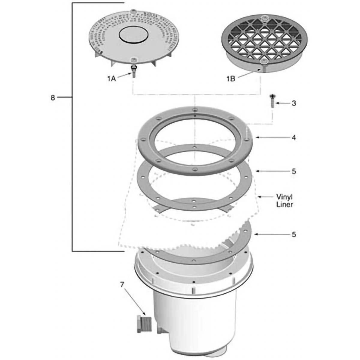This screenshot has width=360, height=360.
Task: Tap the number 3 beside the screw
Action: [294, 103]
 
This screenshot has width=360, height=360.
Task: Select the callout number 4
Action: [294, 138]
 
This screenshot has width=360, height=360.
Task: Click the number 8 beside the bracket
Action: [53, 97]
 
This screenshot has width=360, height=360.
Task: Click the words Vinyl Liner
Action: [284, 201]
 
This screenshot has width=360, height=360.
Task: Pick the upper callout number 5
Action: [294, 171]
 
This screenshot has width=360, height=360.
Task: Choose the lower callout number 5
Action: [294, 234]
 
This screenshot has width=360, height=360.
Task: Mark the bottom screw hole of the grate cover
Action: [264, 61]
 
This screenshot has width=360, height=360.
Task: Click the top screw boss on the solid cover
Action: [133, 12]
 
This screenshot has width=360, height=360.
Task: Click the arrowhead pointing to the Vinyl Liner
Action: [260, 197]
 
